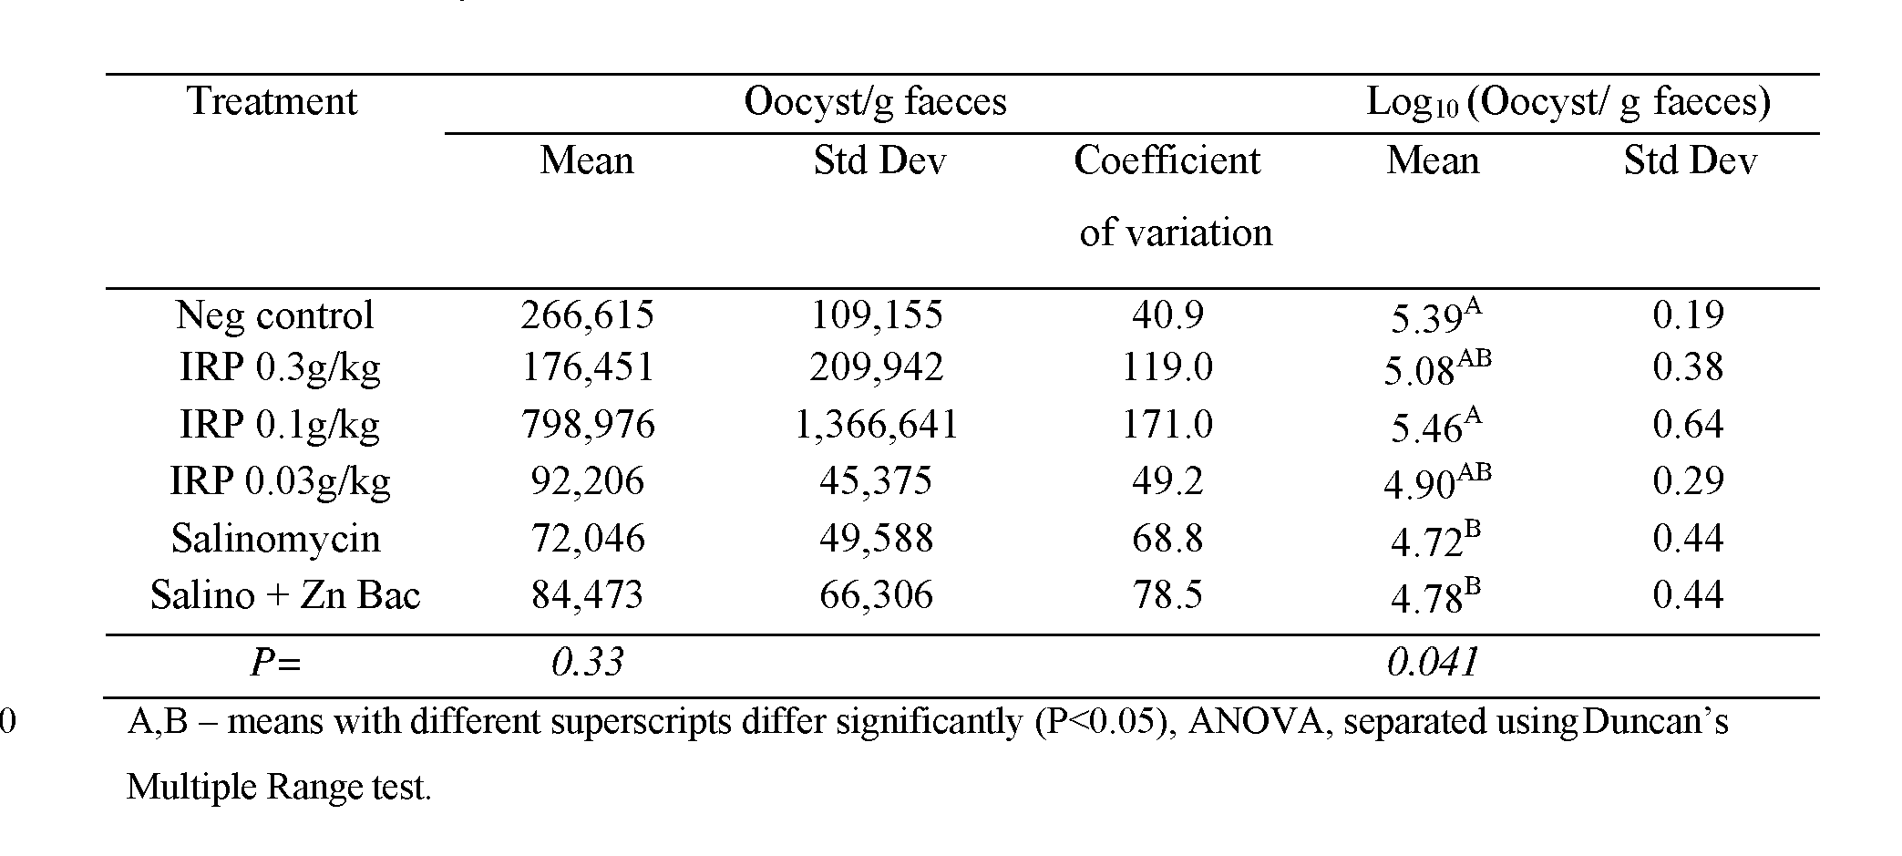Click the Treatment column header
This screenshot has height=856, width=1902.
point(272,101)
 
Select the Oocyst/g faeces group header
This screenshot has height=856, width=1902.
point(875,101)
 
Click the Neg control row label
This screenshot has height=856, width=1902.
point(274,315)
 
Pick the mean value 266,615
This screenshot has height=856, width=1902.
point(587,315)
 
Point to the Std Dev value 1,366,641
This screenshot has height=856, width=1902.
point(876,425)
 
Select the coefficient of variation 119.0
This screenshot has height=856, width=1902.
point(1167,367)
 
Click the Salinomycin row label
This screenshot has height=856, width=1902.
point(275,539)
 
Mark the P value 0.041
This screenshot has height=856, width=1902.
point(1432,663)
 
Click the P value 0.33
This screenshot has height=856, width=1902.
point(587,663)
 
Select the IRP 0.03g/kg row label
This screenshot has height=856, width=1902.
point(280,481)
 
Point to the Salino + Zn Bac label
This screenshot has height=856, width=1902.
point(284,595)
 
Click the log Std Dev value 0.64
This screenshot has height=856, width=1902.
point(1687,425)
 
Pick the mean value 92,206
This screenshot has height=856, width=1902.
point(587,481)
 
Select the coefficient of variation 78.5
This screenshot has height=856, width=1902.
point(1167,595)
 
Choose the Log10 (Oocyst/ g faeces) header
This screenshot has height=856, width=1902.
point(1568,101)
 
